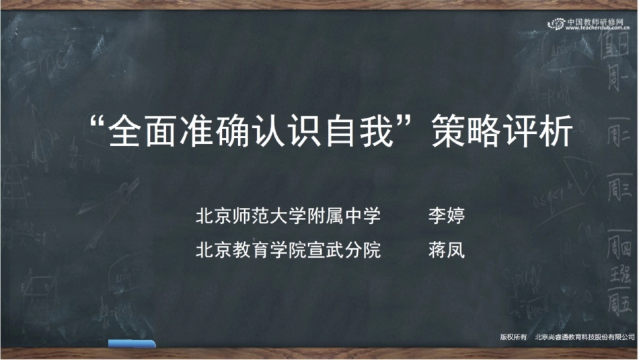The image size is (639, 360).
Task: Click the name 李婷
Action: [x=447, y=217]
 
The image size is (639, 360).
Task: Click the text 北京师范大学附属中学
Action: [x=288, y=217]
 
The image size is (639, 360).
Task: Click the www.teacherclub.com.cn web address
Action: [x=595, y=29]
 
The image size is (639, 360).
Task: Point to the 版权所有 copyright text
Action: [x=513, y=336]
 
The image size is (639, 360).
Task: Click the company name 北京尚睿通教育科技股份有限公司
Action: [x=585, y=336]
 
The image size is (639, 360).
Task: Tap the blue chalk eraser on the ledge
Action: [x=132, y=344]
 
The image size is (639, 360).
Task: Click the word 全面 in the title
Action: [x=145, y=132]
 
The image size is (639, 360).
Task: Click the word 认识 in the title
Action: [x=290, y=132]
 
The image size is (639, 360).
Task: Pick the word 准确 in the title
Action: [x=217, y=132]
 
